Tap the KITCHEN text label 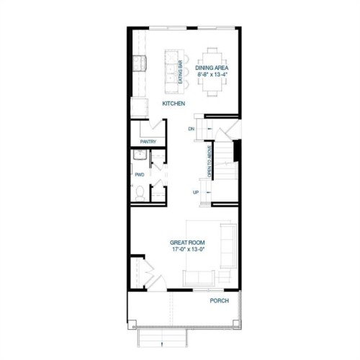point(174,104)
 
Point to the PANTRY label point(149,141)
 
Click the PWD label point(139,174)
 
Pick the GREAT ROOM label point(187,243)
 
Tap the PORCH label point(219,300)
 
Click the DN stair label point(192,129)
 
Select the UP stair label point(195,192)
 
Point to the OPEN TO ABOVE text point(210,161)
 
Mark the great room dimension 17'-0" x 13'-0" point(187,250)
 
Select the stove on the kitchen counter point(138,63)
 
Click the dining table point(213,71)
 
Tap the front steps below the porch point(163,337)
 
